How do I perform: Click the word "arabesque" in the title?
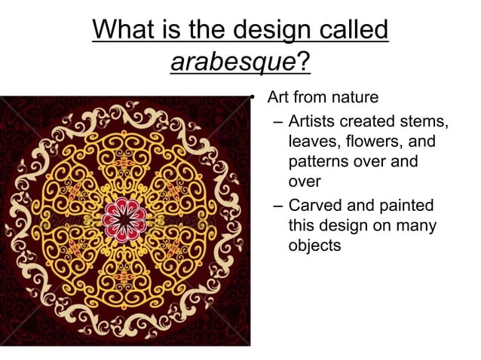coord(232,61)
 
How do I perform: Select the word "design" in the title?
coord(264,29)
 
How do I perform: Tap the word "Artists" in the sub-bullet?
coord(311,121)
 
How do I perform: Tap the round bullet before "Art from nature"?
coord(256,99)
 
